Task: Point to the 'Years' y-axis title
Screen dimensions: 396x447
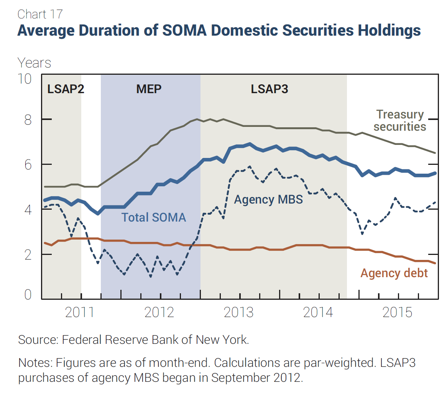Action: click(34, 62)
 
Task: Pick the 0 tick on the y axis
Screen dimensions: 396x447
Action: click(27, 294)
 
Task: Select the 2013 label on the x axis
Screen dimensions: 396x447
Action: click(238, 312)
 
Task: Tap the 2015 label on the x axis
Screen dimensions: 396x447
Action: click(398, 312)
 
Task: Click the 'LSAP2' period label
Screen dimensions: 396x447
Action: click(66, 89)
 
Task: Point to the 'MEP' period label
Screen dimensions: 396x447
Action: click(149, 89)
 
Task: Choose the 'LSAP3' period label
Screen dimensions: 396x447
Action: click(270, 89)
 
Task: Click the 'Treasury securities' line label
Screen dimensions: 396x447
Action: click(400, 120)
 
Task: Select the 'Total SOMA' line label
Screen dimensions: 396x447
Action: click(153, 217)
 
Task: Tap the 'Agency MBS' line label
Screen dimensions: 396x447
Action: click(268, 199)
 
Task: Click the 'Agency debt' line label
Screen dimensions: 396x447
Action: click(394, 273)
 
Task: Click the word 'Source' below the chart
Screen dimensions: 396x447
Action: click(36, 340)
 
